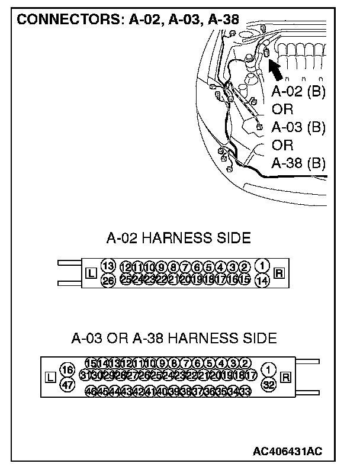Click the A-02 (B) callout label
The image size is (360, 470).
[x=298, y=92]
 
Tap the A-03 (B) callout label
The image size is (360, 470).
[x=298, y=127]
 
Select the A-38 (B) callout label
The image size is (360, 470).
[x=298, y=163]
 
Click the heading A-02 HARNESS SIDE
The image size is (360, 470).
[x=178, y=238]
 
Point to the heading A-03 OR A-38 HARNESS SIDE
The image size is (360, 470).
[x=173, y=339]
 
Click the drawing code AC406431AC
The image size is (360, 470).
[x=287, y=452]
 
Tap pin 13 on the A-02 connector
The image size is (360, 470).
[x=108, y=265]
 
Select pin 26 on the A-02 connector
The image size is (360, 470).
[x=108, y=280]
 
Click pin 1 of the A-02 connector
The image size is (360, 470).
[x=262, y=265]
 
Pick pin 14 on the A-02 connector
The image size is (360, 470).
[x=262, y=280]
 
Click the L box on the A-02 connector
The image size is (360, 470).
[x=91, y=273]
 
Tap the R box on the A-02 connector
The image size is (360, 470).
[x=279, y=273]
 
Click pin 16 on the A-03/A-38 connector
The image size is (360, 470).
[x=67, y=370]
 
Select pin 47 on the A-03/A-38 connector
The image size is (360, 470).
[x=67, y=384]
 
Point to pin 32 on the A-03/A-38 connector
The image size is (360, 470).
[x=269, y=384]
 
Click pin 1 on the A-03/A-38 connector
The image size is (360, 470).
[x=269, y=370]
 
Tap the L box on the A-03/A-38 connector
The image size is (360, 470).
[x=50, y=377]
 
